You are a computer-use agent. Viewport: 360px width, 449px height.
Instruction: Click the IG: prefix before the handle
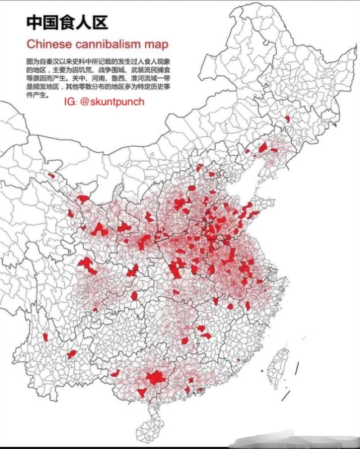click(70, 102)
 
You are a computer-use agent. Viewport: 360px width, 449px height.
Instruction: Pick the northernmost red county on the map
click(287, 119)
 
